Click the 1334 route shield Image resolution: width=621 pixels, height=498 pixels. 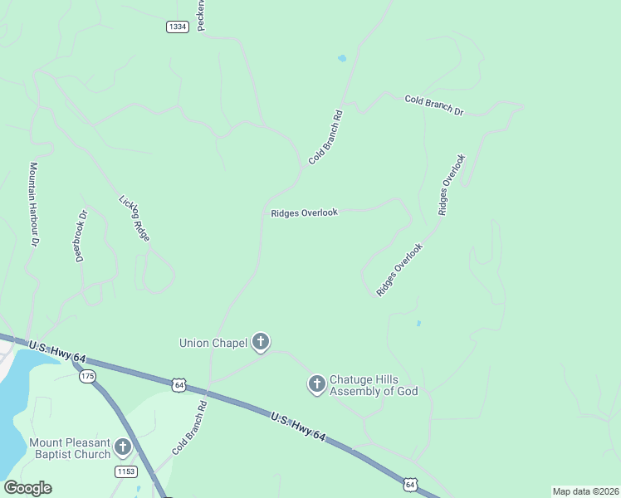(178, 27)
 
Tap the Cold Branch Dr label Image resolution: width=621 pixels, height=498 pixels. (433, 105)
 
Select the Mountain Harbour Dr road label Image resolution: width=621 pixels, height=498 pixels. (34, 203)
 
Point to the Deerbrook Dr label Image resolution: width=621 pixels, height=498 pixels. (81, 236)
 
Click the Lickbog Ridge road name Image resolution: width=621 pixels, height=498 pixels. (134, 218)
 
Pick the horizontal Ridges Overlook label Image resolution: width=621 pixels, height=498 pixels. (304, 212)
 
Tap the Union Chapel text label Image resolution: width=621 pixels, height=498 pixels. (213, 342)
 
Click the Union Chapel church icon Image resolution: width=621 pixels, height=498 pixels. (261, 342)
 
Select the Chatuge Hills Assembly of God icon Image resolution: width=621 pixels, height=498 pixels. (316, 384)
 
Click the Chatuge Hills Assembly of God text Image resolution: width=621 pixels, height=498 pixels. (373, 385)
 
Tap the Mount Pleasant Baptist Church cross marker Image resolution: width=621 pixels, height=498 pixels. (123, 448)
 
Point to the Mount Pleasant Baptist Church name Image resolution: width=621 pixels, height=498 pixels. (70, 448)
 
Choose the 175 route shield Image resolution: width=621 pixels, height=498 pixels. (87, 377)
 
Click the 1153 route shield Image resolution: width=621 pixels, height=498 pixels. (125, 471)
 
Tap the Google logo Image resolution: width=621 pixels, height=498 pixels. (27, 488)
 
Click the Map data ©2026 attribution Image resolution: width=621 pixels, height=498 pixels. (585, 491)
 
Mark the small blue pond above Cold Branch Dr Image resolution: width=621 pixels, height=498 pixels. (342, 59)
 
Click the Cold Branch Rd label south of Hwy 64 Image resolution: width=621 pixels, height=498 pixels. (189, 427)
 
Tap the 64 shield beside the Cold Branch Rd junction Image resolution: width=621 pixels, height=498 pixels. (178, 384)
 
